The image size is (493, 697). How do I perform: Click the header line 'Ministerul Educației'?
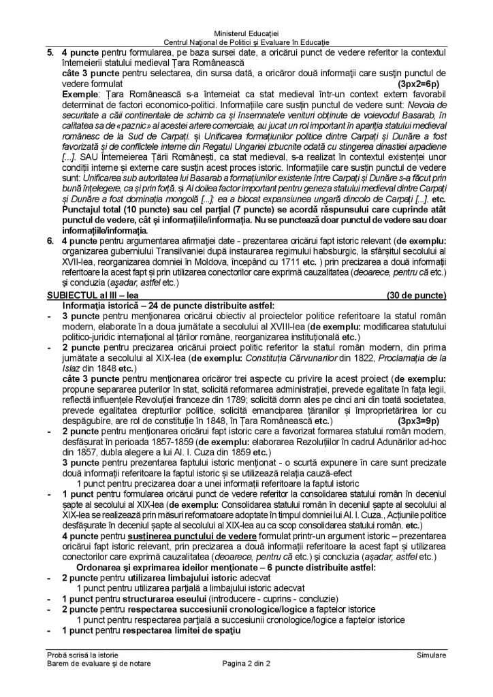coord(246,33)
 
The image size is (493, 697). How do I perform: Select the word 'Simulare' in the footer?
coord(432,655)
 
